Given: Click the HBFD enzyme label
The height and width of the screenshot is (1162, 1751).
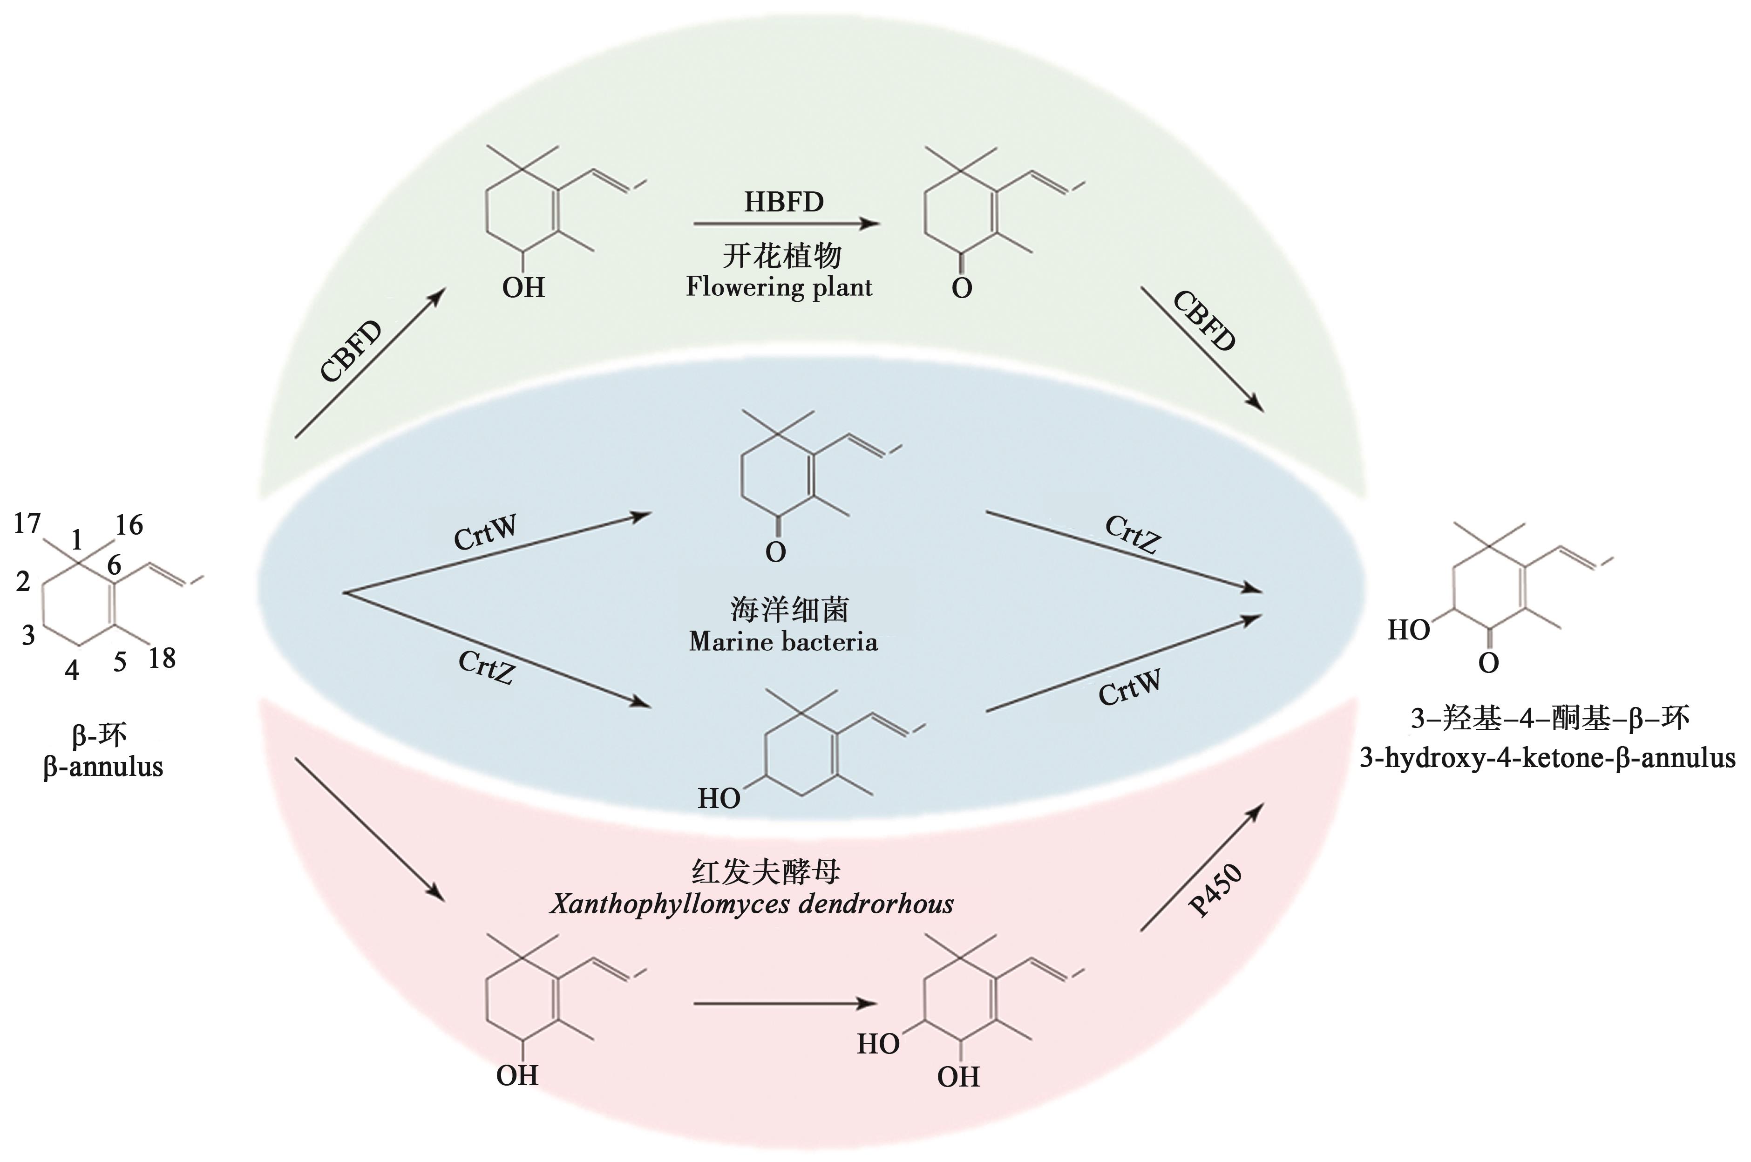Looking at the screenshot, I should (x=783, y=202).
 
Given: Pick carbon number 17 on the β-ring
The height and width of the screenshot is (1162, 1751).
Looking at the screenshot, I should (x=27, y=524).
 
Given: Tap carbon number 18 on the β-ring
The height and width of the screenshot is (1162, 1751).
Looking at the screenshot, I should (x=162, y=658).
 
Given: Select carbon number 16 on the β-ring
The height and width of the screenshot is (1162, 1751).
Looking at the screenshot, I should (x=129, y=525).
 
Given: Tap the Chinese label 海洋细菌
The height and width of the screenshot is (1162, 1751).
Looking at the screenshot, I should (x=789, y=610).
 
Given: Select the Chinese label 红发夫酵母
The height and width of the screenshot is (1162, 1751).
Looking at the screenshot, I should (x=766, y=872).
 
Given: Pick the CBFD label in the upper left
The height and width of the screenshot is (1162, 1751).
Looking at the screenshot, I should (x=351, y=351).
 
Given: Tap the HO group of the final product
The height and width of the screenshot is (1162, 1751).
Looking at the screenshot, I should (x=1408, y=631).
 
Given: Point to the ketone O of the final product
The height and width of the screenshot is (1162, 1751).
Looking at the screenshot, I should (x=1488, y=663).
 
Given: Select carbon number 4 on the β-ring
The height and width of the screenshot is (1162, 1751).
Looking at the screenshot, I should (x=72, y=669).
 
